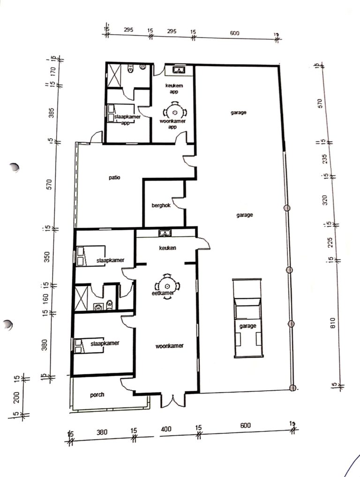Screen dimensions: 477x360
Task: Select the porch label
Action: [97, 395]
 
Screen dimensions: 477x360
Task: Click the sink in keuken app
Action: [179, 71]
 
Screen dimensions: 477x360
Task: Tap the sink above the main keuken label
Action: [165, 233]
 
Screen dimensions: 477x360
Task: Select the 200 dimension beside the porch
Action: [17, 396]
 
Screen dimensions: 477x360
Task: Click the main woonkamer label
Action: [169, 346]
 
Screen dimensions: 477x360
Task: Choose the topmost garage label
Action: [238, 113]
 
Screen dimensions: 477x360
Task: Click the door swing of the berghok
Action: [181, 203]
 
